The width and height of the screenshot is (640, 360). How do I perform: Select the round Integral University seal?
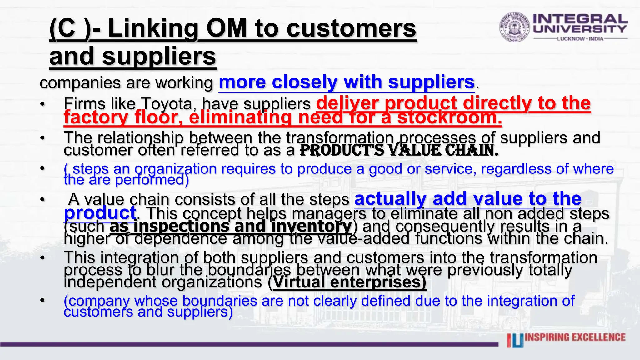tap(514, 27)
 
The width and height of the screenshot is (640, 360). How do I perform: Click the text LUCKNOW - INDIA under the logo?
tap(580, 39)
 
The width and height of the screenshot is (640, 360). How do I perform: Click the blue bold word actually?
tap(391, 199)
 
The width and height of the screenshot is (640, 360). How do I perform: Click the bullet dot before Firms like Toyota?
tap(42, 104)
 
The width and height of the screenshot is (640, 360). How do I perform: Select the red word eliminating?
tap(241, 117)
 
